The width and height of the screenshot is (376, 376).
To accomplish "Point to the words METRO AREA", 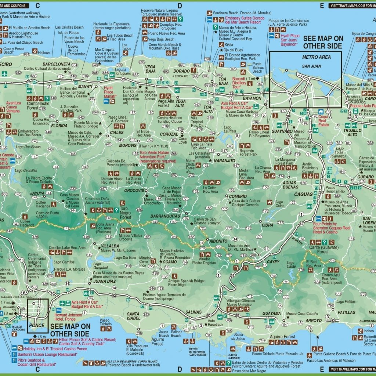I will (316, 57).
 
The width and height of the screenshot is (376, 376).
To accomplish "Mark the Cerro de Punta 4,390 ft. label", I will (47, 215).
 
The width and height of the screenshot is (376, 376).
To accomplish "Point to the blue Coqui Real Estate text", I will (332, 114).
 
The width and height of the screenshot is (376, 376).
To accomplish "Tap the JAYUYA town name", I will (37, 193).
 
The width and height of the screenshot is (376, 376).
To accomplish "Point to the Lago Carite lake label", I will (291, 265).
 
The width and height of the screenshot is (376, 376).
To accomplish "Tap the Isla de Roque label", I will (69, 32).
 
